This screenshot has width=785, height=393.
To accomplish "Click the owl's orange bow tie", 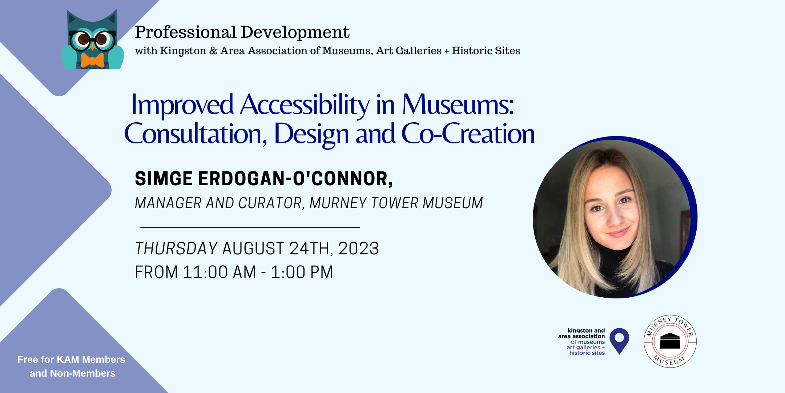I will pyautogui.click(x=92, y=60).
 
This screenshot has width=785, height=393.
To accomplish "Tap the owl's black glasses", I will pyautogui.click(x=92, y=39).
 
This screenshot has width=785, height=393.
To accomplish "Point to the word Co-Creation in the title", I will pyautogui.click(x=468, y=134).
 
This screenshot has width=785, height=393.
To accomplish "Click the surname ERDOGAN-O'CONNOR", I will pyautogui.click(x=295, y=179).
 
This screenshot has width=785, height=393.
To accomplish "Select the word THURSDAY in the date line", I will pyautogui.click(x=176, y=249).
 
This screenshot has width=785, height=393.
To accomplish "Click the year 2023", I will pyautogui.click(x=358, y=249).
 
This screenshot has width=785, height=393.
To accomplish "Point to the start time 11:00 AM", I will pyautogui.click(x=219, y=272).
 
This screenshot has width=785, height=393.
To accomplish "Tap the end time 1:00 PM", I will pyautogui.click(x=302, y=272).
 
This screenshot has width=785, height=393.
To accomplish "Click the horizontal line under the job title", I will pyautogui.click(x=250, y=227).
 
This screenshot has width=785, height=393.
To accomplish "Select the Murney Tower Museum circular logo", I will pyautogui.click(x=670, y=341).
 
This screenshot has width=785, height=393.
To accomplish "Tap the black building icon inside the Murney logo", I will pyautogui.click(x=670, y=341).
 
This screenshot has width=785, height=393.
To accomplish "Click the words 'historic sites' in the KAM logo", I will pyautogui.click(x=587, y=353).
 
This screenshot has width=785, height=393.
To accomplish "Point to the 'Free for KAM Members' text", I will pyautogui.click(x=71, y=360).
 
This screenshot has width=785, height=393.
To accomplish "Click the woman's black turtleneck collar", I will pyautogui.click(x=614, y=259).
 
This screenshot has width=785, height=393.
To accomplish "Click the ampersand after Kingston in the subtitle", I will pyautogui.click(x=213, y=51).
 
